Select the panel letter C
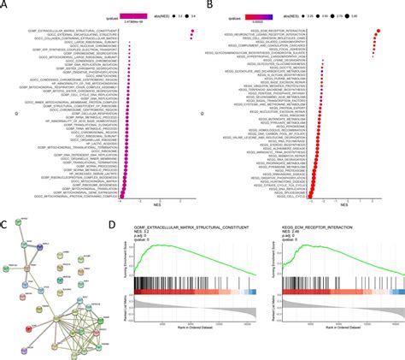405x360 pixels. click(6, 224)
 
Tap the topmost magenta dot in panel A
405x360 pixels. click(195, 32)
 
